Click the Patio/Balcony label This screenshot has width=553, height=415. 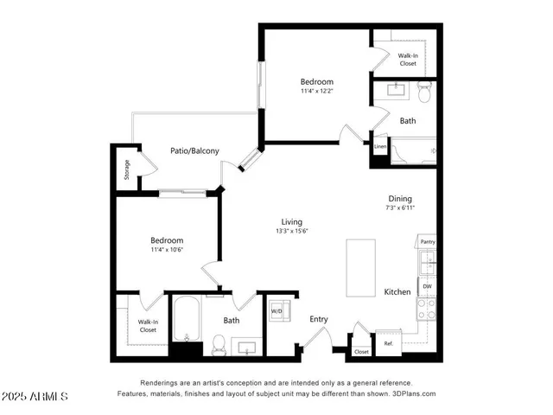point(194,150)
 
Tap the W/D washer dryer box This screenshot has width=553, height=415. point(278,311)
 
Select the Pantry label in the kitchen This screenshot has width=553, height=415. point(427,241)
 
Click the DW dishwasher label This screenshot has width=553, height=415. point(427,285)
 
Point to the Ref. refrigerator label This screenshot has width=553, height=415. point(389,344)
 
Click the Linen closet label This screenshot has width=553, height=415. point(380,147)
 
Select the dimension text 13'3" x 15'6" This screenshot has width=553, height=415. point(292,231)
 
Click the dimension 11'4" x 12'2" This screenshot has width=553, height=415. point(315,92)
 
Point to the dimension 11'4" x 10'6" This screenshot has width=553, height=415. point(167,250)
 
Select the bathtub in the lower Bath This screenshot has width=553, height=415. point(186,320)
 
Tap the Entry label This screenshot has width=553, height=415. point(319,319)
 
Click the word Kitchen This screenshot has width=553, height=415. point(397,292)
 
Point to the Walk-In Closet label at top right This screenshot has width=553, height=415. point(407,59)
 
